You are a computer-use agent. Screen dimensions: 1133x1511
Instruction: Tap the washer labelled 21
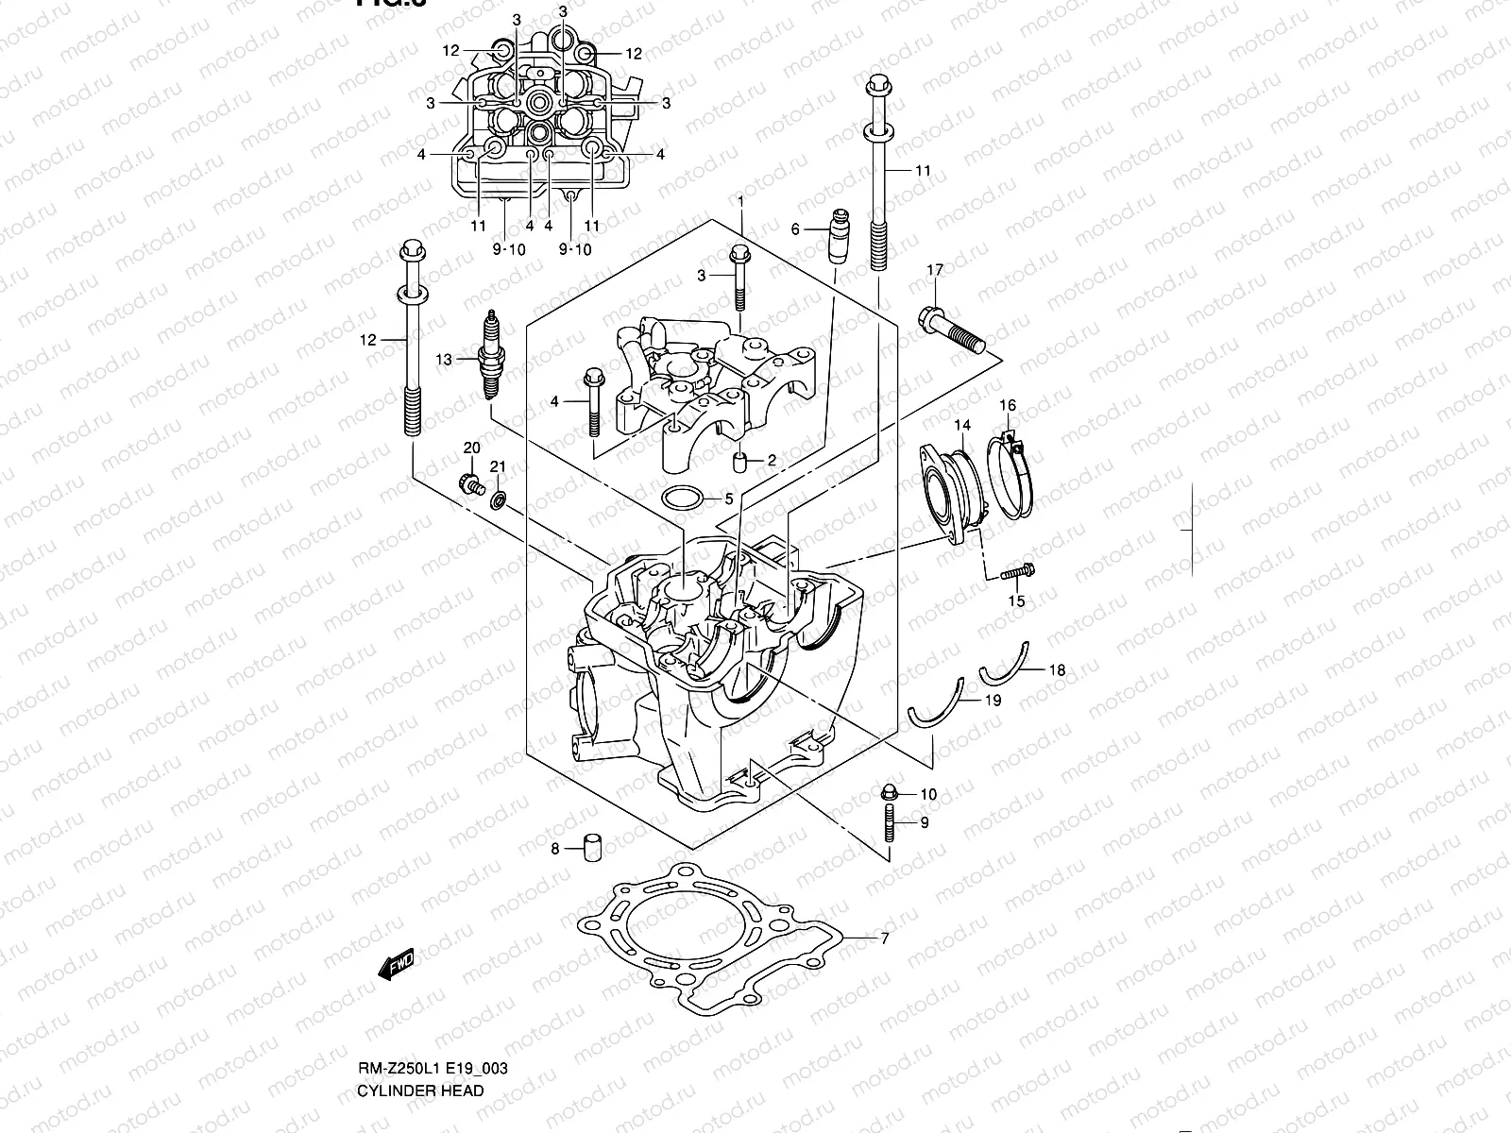click(498, 498)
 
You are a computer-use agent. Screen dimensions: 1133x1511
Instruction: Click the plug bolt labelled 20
click(469, 484)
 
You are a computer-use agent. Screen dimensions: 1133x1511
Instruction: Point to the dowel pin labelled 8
click(593, 847)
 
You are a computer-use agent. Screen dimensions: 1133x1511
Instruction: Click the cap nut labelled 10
click(889, 792)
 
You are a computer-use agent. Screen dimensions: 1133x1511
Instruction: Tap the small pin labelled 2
click(741, 461)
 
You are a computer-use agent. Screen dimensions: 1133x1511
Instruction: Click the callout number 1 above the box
click(741, 201)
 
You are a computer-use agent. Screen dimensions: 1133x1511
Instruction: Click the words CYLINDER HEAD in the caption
click(420, 1091)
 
